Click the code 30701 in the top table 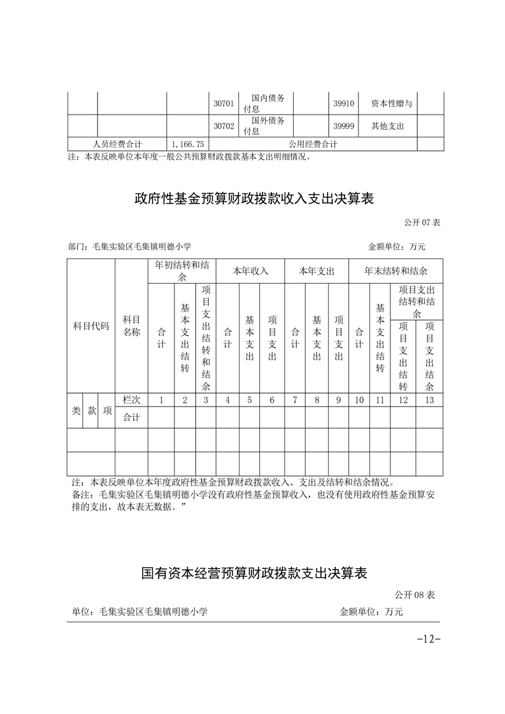click(224, 103)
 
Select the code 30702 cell click(224, 126)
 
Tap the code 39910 click(344, 103)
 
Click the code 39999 click(344, 126)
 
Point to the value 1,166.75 click(188, 144)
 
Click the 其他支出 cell click(388, 126)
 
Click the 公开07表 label click(422, 223)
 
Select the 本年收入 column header click(250, 271)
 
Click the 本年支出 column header click(317, 271)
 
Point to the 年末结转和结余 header click(395, 271)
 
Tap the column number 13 click(429, 400)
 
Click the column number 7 click(295, 400)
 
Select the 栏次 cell click(131, 400)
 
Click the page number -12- click(428, 638)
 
